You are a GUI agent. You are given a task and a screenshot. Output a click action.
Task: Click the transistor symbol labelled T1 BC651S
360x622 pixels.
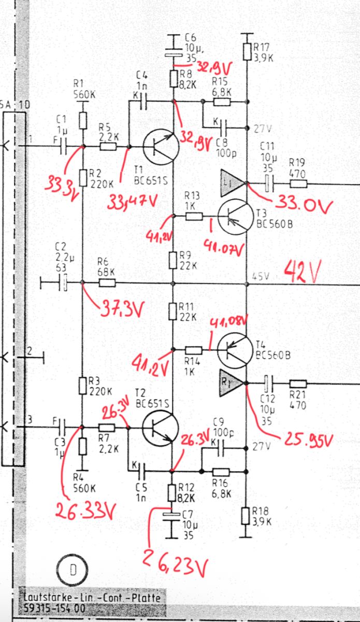[161, 147]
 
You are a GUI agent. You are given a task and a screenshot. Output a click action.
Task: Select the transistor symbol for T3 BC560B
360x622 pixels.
[236, 217]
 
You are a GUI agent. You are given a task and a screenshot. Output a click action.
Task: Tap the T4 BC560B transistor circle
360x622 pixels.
[236, 350]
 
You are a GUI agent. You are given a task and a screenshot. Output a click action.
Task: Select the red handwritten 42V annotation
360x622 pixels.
[303, 271]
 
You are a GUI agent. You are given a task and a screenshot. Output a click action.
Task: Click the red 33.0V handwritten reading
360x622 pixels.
[304, 206]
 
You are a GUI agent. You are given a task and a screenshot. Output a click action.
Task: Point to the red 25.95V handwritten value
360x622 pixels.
[308, 523]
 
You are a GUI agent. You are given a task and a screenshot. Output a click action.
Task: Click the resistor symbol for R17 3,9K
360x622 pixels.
[247, 52]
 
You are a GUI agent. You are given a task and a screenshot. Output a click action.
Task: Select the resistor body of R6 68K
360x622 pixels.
[107, 283]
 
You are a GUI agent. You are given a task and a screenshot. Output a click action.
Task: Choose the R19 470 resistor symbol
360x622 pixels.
[298, 183]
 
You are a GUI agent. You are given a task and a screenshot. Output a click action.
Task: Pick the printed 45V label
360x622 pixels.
[261, 276]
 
